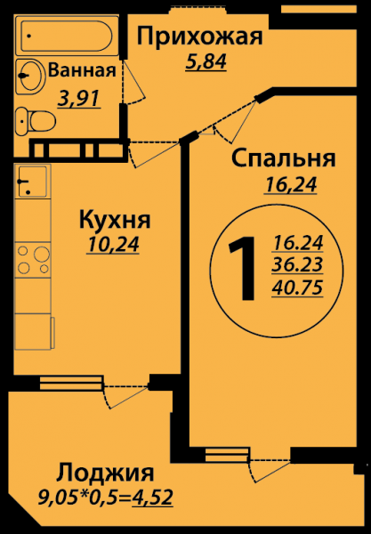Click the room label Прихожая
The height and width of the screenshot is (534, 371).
pos(199,37)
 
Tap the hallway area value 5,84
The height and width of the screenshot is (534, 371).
pos(206,61)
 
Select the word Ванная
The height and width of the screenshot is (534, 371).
pos(82,70)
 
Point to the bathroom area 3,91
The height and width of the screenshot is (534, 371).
pos(79,99)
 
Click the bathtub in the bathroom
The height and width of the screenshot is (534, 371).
pos(66,36)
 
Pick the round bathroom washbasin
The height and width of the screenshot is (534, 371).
pos(30,77)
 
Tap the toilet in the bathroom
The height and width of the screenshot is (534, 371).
pos(36,121)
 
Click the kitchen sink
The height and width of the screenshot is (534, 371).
pos(33,182)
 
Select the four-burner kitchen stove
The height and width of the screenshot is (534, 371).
pos(33,260)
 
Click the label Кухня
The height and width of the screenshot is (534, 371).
pos(115,221)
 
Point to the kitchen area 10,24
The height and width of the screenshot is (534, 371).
pos(113,245)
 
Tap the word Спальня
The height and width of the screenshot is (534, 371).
pos(284,159)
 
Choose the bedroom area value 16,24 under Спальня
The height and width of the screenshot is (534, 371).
pos(290,185)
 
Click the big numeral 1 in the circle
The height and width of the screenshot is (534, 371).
pos(243,269)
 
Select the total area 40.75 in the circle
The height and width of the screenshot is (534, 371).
pos(297,288)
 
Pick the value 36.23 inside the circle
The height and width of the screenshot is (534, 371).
pos(297,264)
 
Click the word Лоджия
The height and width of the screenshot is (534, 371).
pos(105,473)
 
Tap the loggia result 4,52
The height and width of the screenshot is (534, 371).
pos(152,498)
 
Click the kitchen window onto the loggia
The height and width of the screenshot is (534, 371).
pos(71,382)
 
